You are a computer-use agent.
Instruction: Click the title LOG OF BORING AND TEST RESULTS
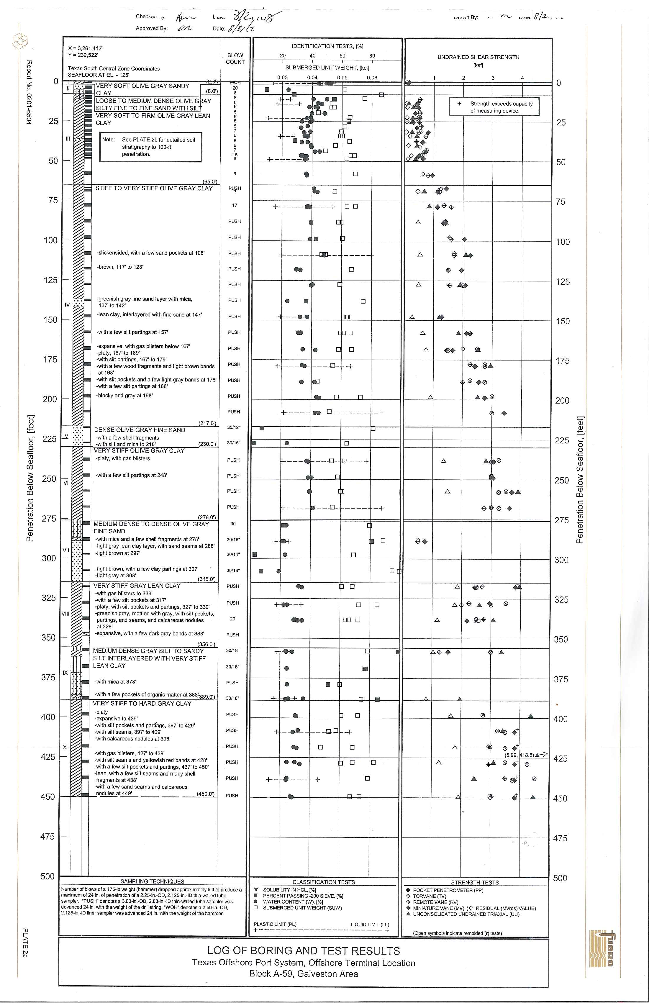point(304,951)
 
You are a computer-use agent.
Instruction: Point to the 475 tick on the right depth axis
point(560,838)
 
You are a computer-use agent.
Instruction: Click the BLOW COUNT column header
point(235,59)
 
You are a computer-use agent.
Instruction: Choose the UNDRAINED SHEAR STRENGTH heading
point(478,57)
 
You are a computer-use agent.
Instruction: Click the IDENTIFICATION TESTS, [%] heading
point(327,46)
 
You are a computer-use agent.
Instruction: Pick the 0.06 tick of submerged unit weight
point(372,78)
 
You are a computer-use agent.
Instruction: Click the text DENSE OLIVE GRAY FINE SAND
point(140,430)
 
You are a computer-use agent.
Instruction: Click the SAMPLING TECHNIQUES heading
point(152,881)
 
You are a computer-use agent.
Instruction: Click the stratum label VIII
point(65,614)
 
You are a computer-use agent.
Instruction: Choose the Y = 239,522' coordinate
point(83,55)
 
